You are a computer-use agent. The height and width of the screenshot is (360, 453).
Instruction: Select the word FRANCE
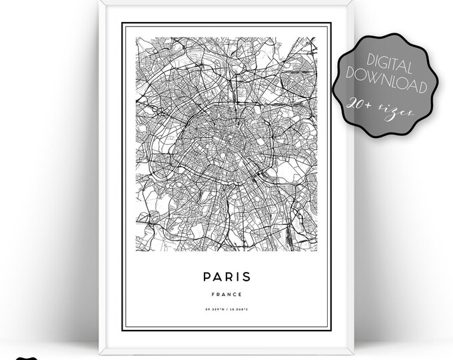pyautogui.click(x=228, y=294)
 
